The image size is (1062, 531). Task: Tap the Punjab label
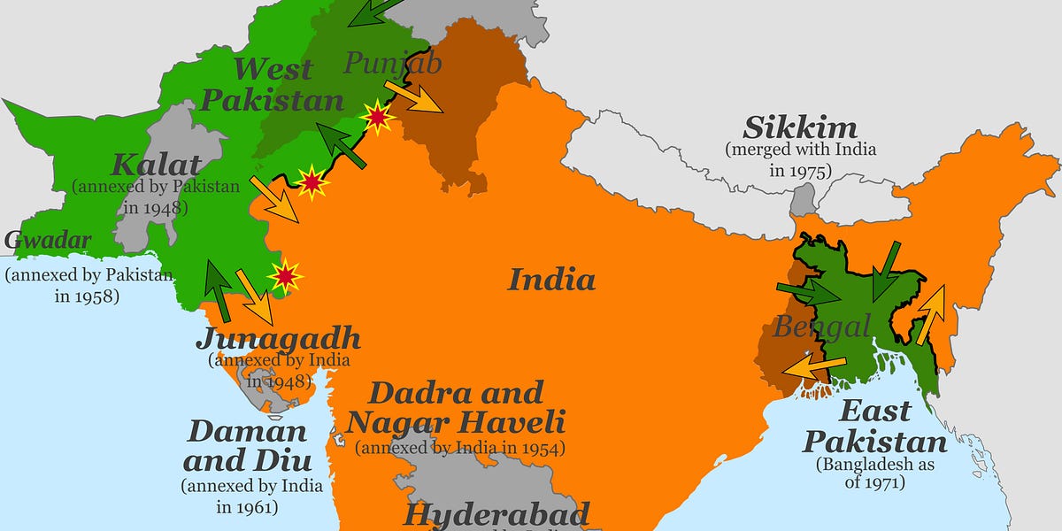[x=391, y=63]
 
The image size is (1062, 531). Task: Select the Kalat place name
[x=156, y=164]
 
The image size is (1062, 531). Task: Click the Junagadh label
[x=278, y=338]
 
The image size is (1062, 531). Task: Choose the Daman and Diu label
[x=247, y=446]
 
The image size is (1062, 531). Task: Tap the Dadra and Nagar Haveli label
[x=456, y=406]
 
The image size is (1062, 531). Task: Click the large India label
[x=551, y=280]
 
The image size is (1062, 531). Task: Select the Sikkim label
[x=800, y=127]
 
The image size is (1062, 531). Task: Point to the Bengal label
[x=822, y=326]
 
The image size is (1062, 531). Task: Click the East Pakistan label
[x=874, y=426]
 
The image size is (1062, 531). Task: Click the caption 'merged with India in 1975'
[x=801, y=159]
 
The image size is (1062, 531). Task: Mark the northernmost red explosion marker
[x=379, y=118]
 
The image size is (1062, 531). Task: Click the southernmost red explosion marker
[x=285, y=276]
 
